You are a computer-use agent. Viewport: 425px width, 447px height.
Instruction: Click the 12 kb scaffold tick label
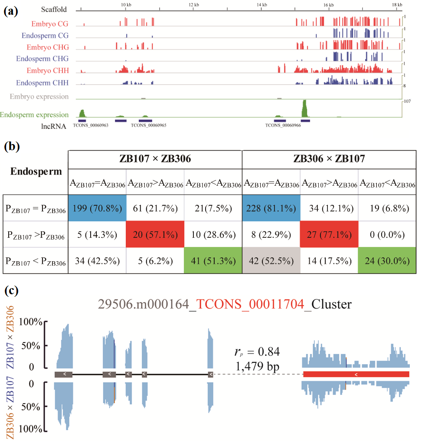(x=194, y=5)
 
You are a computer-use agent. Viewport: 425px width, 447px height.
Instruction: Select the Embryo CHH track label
(x=47, y=71)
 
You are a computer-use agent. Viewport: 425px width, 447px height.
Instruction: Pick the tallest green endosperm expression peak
(x=304, y=108)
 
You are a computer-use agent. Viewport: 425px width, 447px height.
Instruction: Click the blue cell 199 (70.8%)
(x=97, y=209)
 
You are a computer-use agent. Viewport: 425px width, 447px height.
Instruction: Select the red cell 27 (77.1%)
(x=329, y=236)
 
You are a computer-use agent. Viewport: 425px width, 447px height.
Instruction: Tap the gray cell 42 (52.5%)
(x=271, y=262)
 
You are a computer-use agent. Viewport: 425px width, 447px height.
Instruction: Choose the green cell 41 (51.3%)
(x=212, y=262)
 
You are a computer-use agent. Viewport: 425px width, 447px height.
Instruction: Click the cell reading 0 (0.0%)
(x=387, y=236)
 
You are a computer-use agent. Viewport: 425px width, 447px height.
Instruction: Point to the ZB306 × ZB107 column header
(x=328, y=159)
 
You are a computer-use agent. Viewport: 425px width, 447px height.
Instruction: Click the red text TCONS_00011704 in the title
(x=250, y=305)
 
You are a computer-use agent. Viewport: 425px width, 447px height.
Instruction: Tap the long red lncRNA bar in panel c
(x=356, y=374)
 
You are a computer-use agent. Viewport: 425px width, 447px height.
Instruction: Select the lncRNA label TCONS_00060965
(x=148, y=125)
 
